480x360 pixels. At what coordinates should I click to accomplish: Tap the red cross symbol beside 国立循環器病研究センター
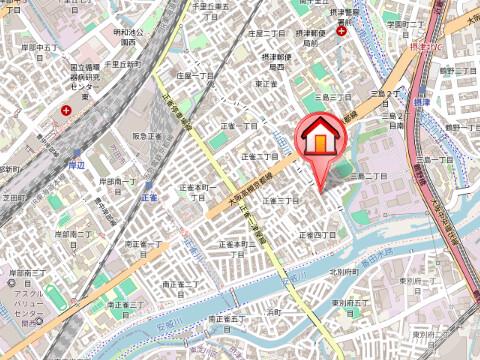pos(66,109)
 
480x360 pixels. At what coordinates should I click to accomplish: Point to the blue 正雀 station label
pos(150,198)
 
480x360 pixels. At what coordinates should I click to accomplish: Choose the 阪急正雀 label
pos(147,136)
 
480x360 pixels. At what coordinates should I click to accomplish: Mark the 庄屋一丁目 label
pos(196,75)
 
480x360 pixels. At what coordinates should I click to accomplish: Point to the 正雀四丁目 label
pos(316,235)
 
